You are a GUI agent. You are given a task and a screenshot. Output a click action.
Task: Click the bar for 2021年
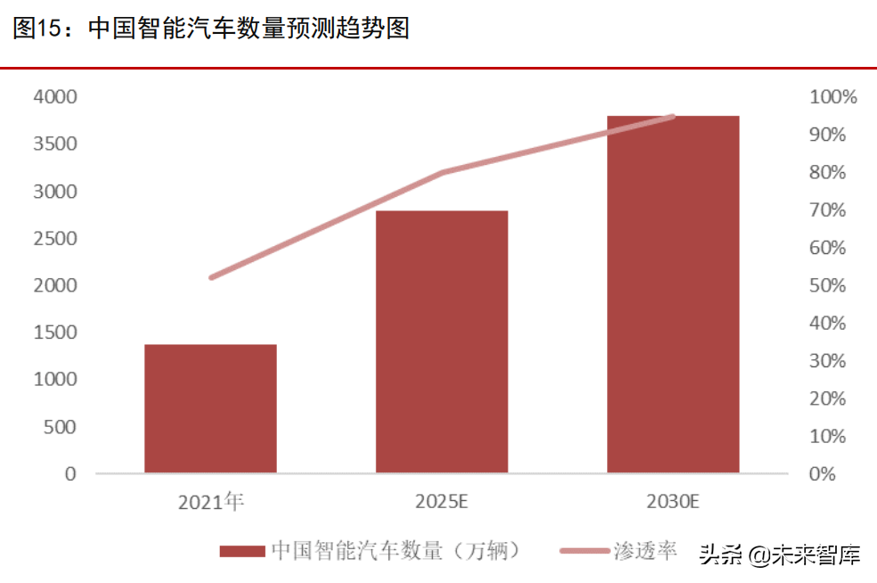point(210,408)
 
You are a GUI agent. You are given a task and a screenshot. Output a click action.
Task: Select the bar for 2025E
point(442,341)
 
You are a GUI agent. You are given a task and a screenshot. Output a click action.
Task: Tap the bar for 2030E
point(673,294)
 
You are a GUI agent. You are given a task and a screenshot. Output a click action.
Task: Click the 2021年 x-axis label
point(211,502)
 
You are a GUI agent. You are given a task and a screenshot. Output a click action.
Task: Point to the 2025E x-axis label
point(442,502)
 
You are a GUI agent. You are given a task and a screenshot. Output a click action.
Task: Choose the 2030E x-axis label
point(673,502)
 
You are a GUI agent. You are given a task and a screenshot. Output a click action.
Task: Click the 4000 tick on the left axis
point(55,96)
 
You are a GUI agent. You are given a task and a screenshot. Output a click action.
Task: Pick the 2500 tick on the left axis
point(55,238)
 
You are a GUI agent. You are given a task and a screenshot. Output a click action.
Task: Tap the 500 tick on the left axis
point(61,427)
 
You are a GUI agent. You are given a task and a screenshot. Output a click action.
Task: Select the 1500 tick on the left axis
point(55,333)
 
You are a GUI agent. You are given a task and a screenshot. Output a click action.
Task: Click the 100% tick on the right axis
point(832,96)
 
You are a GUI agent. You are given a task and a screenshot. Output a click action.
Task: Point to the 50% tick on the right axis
point(827,285)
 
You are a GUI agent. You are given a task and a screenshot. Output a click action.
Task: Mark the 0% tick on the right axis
point(823,474)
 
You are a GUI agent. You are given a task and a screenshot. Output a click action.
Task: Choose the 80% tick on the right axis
point(827,172)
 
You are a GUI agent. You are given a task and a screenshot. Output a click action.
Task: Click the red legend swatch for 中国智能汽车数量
point(242,552)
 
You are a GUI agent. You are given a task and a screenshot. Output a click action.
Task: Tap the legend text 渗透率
point(646,551)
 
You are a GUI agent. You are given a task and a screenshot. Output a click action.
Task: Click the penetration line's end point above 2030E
point(673,116)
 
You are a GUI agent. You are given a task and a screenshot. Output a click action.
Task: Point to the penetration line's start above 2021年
point(211,278)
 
